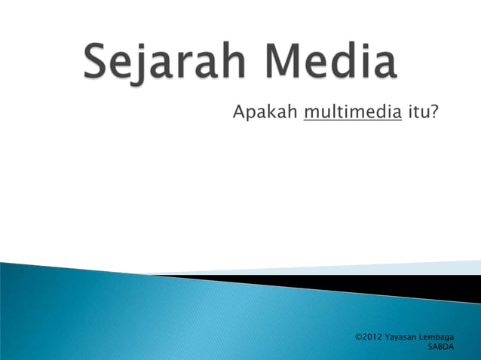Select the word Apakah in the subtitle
tap(264, 113)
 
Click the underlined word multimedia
tap(351, 113)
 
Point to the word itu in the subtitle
tap(418, 113)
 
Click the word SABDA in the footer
tap(440, 347)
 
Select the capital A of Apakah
tap(239, 113)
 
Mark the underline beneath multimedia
tap(351, 121)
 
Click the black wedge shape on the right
tap(422, 286)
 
